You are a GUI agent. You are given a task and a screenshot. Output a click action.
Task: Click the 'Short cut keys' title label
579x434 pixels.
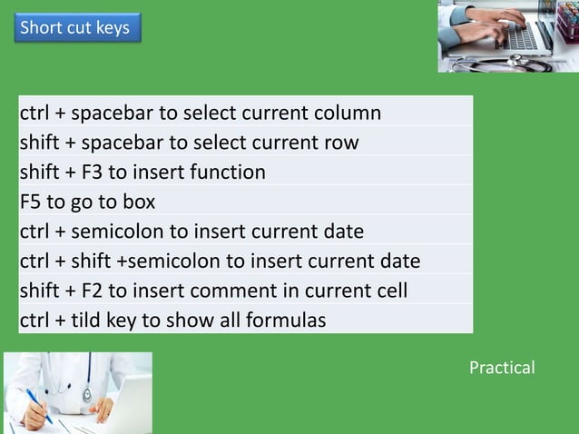pyautogui.click(x=74, y=27)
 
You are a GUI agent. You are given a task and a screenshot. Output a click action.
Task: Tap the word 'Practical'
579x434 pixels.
pyautogui.click(x=502, y=368)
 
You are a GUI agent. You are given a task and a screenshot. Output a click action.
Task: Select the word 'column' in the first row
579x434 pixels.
pyautogui.click(x=348, y=113)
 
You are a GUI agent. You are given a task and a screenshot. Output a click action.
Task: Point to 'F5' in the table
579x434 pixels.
pyautogui.click(x=33, y=202)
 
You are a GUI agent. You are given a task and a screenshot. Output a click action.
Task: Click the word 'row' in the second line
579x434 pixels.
pyautogui.click(x=340, y=143)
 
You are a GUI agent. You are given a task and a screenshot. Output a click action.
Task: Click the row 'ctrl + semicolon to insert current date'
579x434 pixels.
pyautogui.click(x=191, y=232)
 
